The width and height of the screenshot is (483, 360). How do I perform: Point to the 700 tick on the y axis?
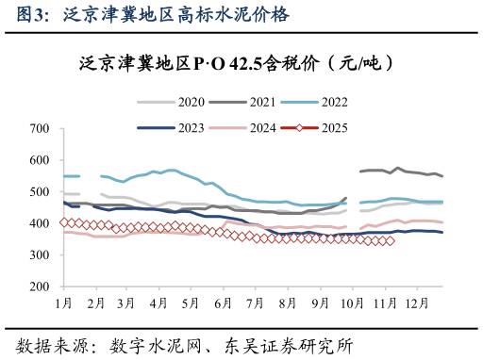point(39,128)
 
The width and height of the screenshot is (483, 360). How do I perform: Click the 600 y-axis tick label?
point(39,160)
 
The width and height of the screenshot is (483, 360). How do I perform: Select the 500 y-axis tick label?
point(39,192)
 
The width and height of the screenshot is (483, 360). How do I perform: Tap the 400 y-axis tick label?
point(39,224)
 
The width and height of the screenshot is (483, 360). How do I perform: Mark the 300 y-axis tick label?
point(39,255)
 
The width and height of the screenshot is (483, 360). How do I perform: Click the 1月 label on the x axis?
point(64,303)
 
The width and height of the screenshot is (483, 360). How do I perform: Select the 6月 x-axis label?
point(224,303)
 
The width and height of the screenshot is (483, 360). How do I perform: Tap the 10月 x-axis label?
point(352,303)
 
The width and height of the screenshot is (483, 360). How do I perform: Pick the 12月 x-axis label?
point(416,303)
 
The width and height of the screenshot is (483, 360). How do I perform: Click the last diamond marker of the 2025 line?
point(391,241)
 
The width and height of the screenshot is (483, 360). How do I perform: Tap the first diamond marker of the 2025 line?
point(64,222)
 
